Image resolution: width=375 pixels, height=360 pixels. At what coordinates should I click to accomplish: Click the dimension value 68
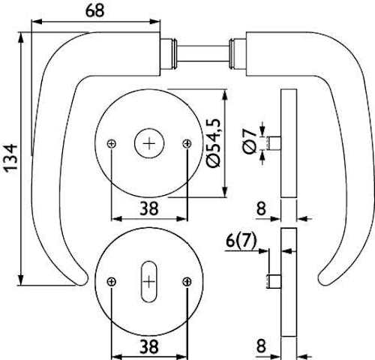pyautogui.click(x=94, y=11)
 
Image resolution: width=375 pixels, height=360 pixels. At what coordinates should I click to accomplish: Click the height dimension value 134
pyautogui.click(x=11, y=158)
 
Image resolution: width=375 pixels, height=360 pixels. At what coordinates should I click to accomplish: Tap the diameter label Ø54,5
pyautogui.click(x=214, y=142)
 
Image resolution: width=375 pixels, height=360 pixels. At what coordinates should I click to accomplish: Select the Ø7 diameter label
pyautogui.click(x=250, y=141)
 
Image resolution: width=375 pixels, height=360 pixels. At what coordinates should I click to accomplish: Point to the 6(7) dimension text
pyautogui.click(x=241, y=241)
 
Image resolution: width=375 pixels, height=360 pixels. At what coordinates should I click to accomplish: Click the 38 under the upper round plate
pyautogui.click(x=149, y=208)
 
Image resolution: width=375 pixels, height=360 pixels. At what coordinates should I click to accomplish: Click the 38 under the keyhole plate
pyautogui.click(x=149, y=346)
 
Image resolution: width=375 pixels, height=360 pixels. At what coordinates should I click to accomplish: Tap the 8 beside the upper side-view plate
pyautogui.click(x=261, y=208)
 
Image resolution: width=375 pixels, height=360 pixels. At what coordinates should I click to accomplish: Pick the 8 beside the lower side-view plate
pyautogui.click(x=261, y=346)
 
